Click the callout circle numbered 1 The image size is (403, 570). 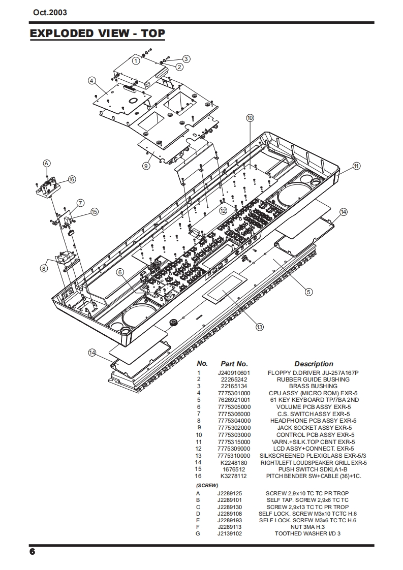pyautogui.click(x=136, y=60)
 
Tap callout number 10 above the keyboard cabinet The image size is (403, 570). pyautogui.click(x=250, y=118)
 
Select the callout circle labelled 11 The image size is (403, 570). pyautogui.click(x=356, y=166)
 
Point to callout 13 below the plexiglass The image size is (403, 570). pyautogui.click(x=259, y=327)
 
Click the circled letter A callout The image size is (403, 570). pyautogui.click(x=47, y=163)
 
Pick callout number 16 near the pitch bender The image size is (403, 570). pyautogui.click(x=72, y=179)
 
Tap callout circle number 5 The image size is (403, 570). pyautogui.click(x=308, y=292)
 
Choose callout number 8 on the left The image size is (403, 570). pyautogui.click(x=44, y=269)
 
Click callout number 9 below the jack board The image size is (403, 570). pyautogui.click(x=146, y=166)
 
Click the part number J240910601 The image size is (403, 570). pyautogui.click(x=234, y=372)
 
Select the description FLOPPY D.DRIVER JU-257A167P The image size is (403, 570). pyautogui.click(x=313, y=372)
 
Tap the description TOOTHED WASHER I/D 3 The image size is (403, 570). pyautogui.click(x=307, y=533)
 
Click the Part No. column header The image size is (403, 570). pyautogui.click(x=234, y=364)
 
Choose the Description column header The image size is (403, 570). pyautogui.click(x=314, y=364)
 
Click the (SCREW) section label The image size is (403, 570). pyautogui.click(x=207, y=485)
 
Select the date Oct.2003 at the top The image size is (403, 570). pyautogui.click(x=50, y=12)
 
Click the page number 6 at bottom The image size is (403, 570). pyautogui.click(x=33, y=552)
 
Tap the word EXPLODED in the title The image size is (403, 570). pyautogui.click(x=61, y=34)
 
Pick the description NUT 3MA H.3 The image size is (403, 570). pyautogui.click(x=307, y=527)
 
